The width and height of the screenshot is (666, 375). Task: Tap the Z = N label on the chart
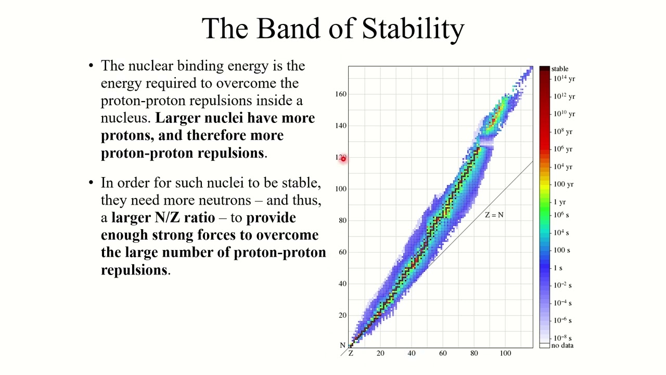494,215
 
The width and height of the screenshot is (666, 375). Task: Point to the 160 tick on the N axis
341,94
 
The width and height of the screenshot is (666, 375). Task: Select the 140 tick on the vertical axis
341,126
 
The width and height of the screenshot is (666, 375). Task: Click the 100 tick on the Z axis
505,354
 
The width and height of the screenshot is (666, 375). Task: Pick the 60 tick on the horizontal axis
443,354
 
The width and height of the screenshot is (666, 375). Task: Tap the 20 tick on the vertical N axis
342,315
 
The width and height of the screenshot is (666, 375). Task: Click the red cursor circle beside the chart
343,158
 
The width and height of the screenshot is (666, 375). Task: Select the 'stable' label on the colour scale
560,69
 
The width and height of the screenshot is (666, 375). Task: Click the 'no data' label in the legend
562,345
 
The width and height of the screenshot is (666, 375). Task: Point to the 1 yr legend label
560,202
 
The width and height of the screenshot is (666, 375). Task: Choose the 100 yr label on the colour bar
563,184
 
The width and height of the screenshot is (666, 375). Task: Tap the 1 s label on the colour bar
558,268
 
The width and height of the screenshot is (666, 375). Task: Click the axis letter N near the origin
342,345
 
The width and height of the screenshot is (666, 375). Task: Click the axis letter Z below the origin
351,354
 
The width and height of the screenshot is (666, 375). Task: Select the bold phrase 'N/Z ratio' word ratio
199,218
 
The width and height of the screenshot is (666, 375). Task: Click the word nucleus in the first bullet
125,118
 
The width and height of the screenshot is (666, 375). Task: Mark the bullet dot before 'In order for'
91,183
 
